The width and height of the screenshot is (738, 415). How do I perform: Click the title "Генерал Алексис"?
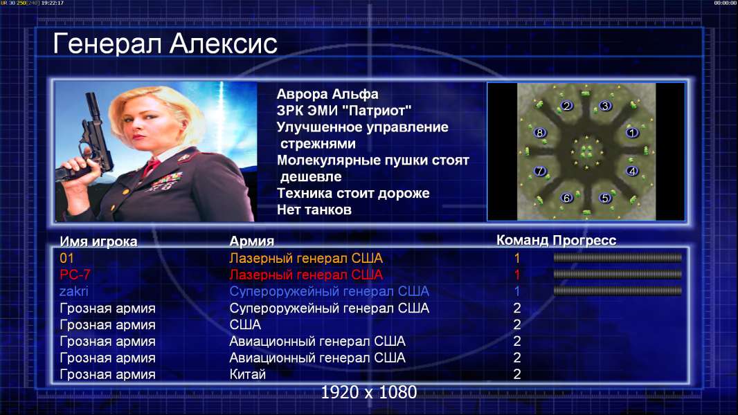pos(165,44)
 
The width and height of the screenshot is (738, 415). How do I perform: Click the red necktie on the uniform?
pos(151,167)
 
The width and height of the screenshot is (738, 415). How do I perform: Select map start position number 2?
pos(567,106)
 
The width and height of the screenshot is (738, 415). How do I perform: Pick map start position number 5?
pos(605,198)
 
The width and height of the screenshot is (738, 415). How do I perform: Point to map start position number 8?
pos(540,133)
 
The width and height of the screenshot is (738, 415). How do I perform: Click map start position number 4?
pos(632,171)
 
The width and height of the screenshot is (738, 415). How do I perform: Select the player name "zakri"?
pos(74,291)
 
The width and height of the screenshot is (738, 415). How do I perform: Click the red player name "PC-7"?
pos(75,275)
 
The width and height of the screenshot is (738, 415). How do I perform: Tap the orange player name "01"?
pos(67,258)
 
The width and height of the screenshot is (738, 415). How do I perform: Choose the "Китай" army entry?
pos(248,375)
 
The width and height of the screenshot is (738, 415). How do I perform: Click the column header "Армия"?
pos(252,241)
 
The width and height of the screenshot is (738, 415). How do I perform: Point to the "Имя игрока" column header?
pos(98,241)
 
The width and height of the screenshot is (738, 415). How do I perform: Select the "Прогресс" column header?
pos(584,241)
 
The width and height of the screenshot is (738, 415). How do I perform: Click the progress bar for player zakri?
pos(618,291)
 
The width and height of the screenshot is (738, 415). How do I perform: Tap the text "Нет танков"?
pos(314,210)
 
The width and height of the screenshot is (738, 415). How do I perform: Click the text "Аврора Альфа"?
pos(327,94)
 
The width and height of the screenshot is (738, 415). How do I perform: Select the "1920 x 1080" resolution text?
pos(369,392)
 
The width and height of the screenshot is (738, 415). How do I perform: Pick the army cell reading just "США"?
pos(245,325)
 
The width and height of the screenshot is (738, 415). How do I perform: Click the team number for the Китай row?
pos(516,375)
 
